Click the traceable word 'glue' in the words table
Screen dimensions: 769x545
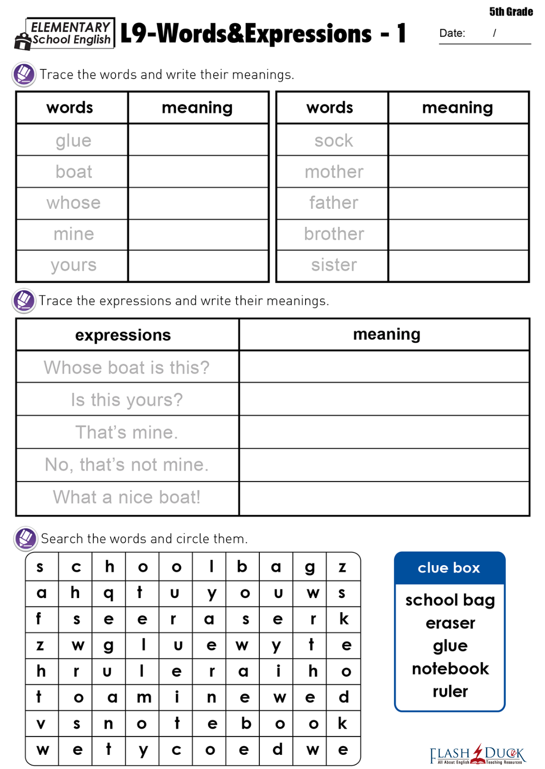coord(73,141)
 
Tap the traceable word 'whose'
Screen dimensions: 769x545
coord(73,203)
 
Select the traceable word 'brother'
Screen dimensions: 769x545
coord(334,234)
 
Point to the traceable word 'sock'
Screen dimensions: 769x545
coord(334,141)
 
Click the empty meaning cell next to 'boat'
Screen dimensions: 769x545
coord(198,172)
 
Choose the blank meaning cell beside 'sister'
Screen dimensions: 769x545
coord(458,266)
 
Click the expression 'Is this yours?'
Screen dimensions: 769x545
coord(127,400)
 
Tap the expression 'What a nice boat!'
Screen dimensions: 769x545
coord(127,497)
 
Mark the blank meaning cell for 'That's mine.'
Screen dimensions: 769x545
coord(384,432)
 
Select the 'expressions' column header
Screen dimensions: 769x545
coord(123,335)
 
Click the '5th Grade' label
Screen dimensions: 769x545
coord(511,12)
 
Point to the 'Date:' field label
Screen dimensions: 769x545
coord(452,33)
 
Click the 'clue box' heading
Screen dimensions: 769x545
coord(449,568)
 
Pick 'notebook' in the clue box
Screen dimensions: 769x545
coord(450,669)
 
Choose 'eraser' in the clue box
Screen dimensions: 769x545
coord(450,623)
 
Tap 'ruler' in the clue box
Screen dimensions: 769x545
coord(450,691)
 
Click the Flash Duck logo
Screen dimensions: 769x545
coord(478,754)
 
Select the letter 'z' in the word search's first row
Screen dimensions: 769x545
coord(342,567)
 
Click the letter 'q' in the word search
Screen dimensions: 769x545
coord(109,593)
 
